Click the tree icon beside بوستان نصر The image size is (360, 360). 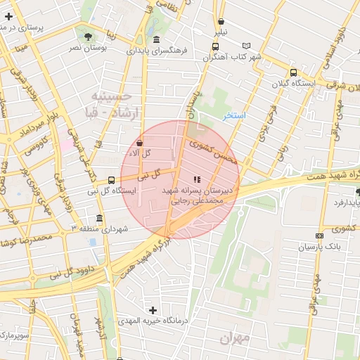[87, 36]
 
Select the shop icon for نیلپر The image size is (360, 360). [221, 22]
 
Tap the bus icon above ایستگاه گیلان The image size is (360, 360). [293, 72]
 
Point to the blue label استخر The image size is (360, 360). [234, 115]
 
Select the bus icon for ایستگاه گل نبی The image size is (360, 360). [111, 179]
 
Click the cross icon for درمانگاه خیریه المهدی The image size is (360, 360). [153, 310]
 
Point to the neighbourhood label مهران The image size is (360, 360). [234, 338]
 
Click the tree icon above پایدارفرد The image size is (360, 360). [358, 191]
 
